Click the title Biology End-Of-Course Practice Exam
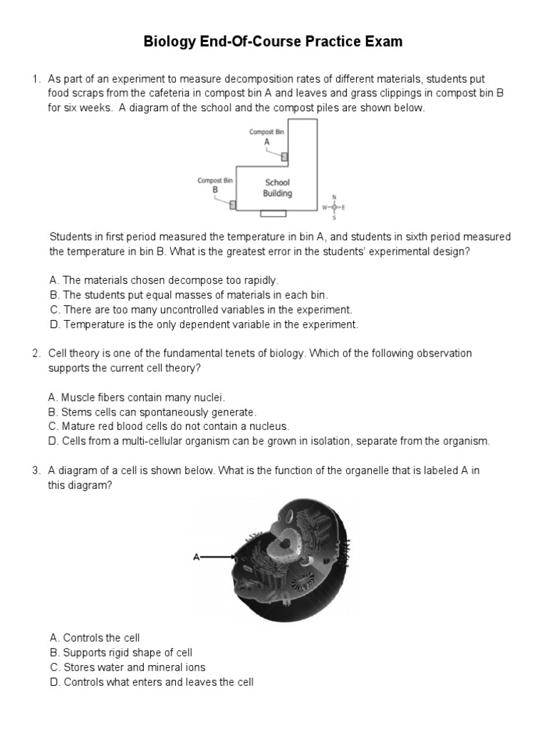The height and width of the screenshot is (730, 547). [x=273, y=42]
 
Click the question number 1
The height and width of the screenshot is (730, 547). [x=36, y=79]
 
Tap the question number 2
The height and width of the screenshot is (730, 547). [x=36, y=354]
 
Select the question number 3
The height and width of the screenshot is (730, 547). [x=36, y=471]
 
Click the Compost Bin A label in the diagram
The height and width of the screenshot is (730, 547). [x=267, y=137]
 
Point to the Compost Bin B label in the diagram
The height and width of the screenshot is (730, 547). [x=215, y=185]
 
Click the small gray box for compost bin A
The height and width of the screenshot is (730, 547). [x=284, y=157]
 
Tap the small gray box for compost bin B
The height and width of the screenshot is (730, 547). [x=233, y=205]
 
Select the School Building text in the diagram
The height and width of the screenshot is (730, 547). [x=277, y=187]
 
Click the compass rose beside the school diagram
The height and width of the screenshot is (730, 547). [x=334, y=207]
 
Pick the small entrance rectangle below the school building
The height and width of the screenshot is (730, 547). [x=273, y=213]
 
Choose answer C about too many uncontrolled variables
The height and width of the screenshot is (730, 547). [x=200, y=310]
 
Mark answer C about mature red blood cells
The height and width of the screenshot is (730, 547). [x=169, y=426]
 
